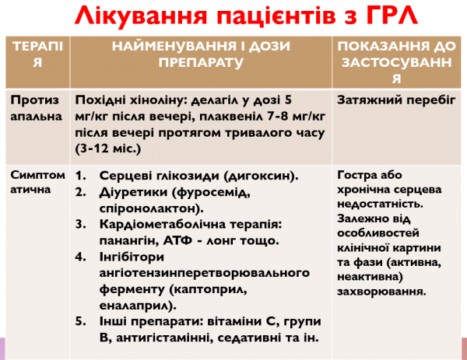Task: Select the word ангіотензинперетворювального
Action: tap(183, 271)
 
